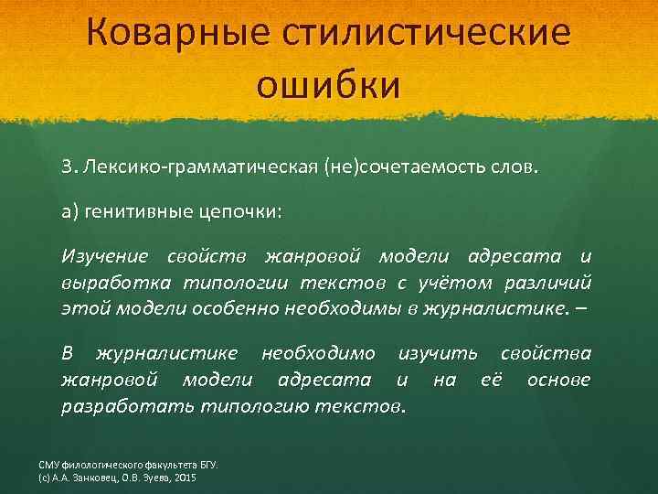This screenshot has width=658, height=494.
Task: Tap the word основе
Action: pyautogui.click(x=557, y=378)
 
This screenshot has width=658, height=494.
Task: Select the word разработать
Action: pyautogui.click(x=117, y=403)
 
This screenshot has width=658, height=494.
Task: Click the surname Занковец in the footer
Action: pyautogui.click(x=109, y=478)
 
